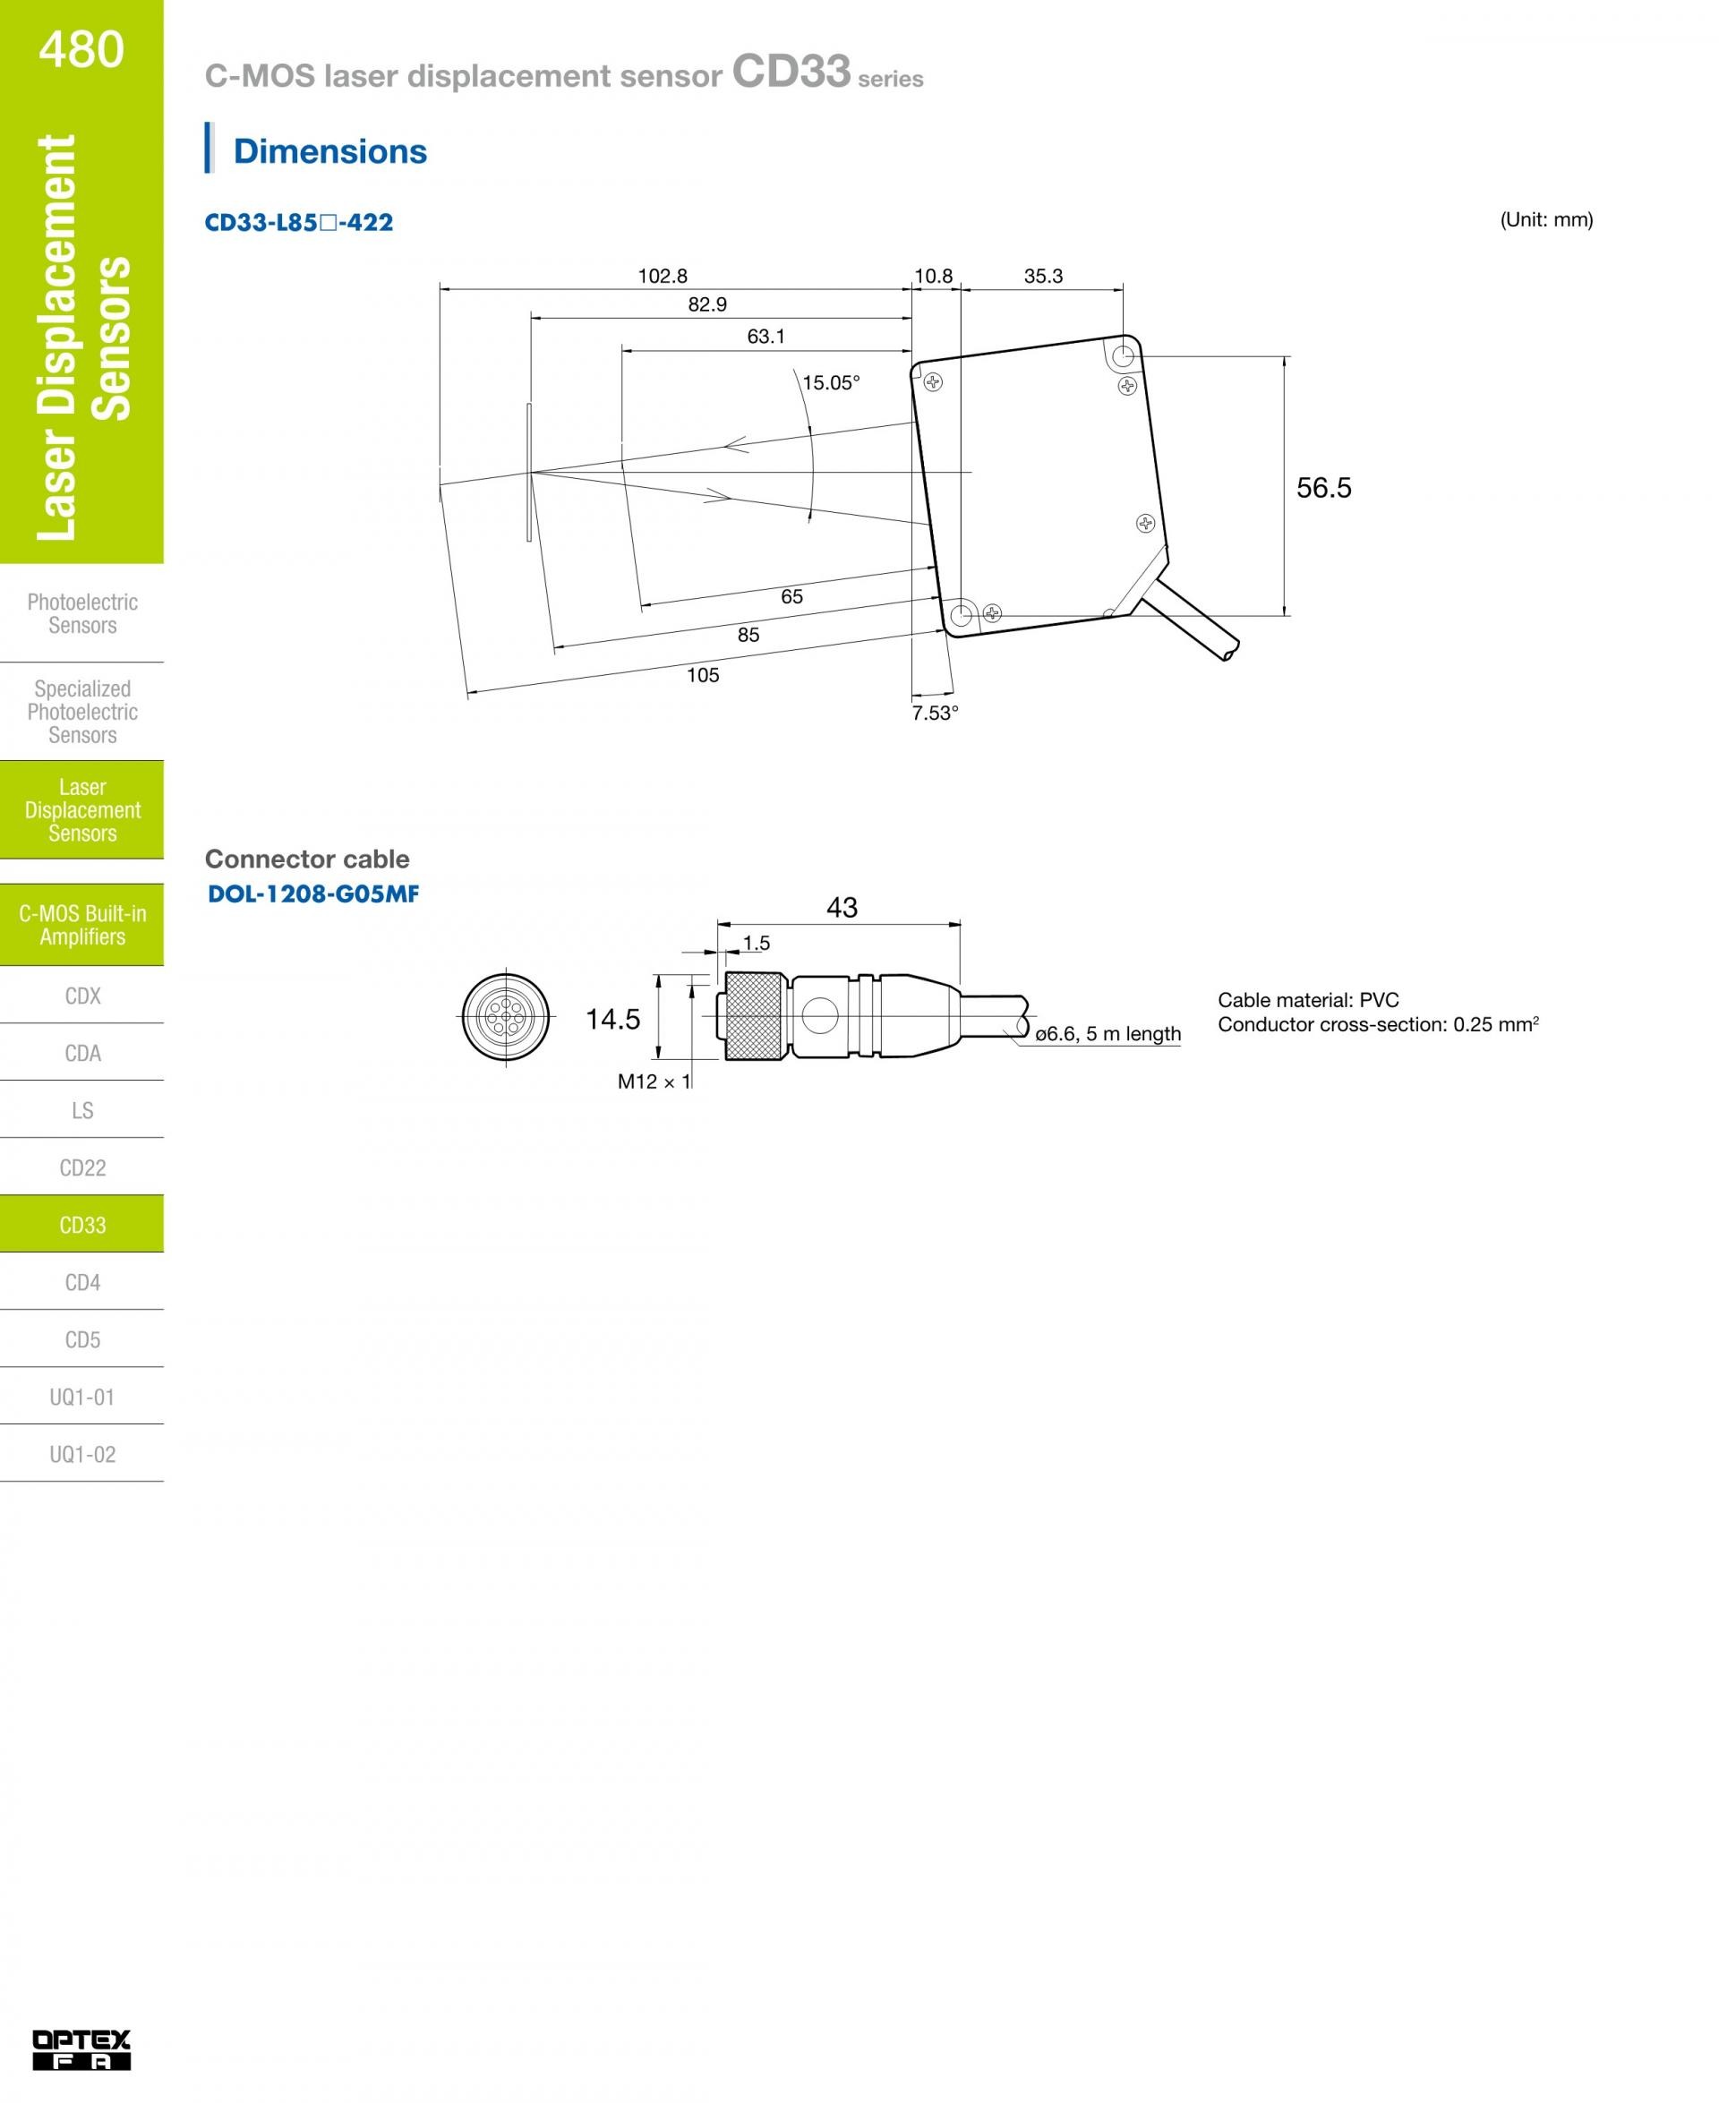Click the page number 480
81,49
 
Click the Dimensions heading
329,151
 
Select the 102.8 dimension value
663,277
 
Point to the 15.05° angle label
831,383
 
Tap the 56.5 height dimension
1324,487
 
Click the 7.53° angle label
935,713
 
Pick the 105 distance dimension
703,675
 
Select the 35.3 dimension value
1043,277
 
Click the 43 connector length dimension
842,907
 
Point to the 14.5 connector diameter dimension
613,1019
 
